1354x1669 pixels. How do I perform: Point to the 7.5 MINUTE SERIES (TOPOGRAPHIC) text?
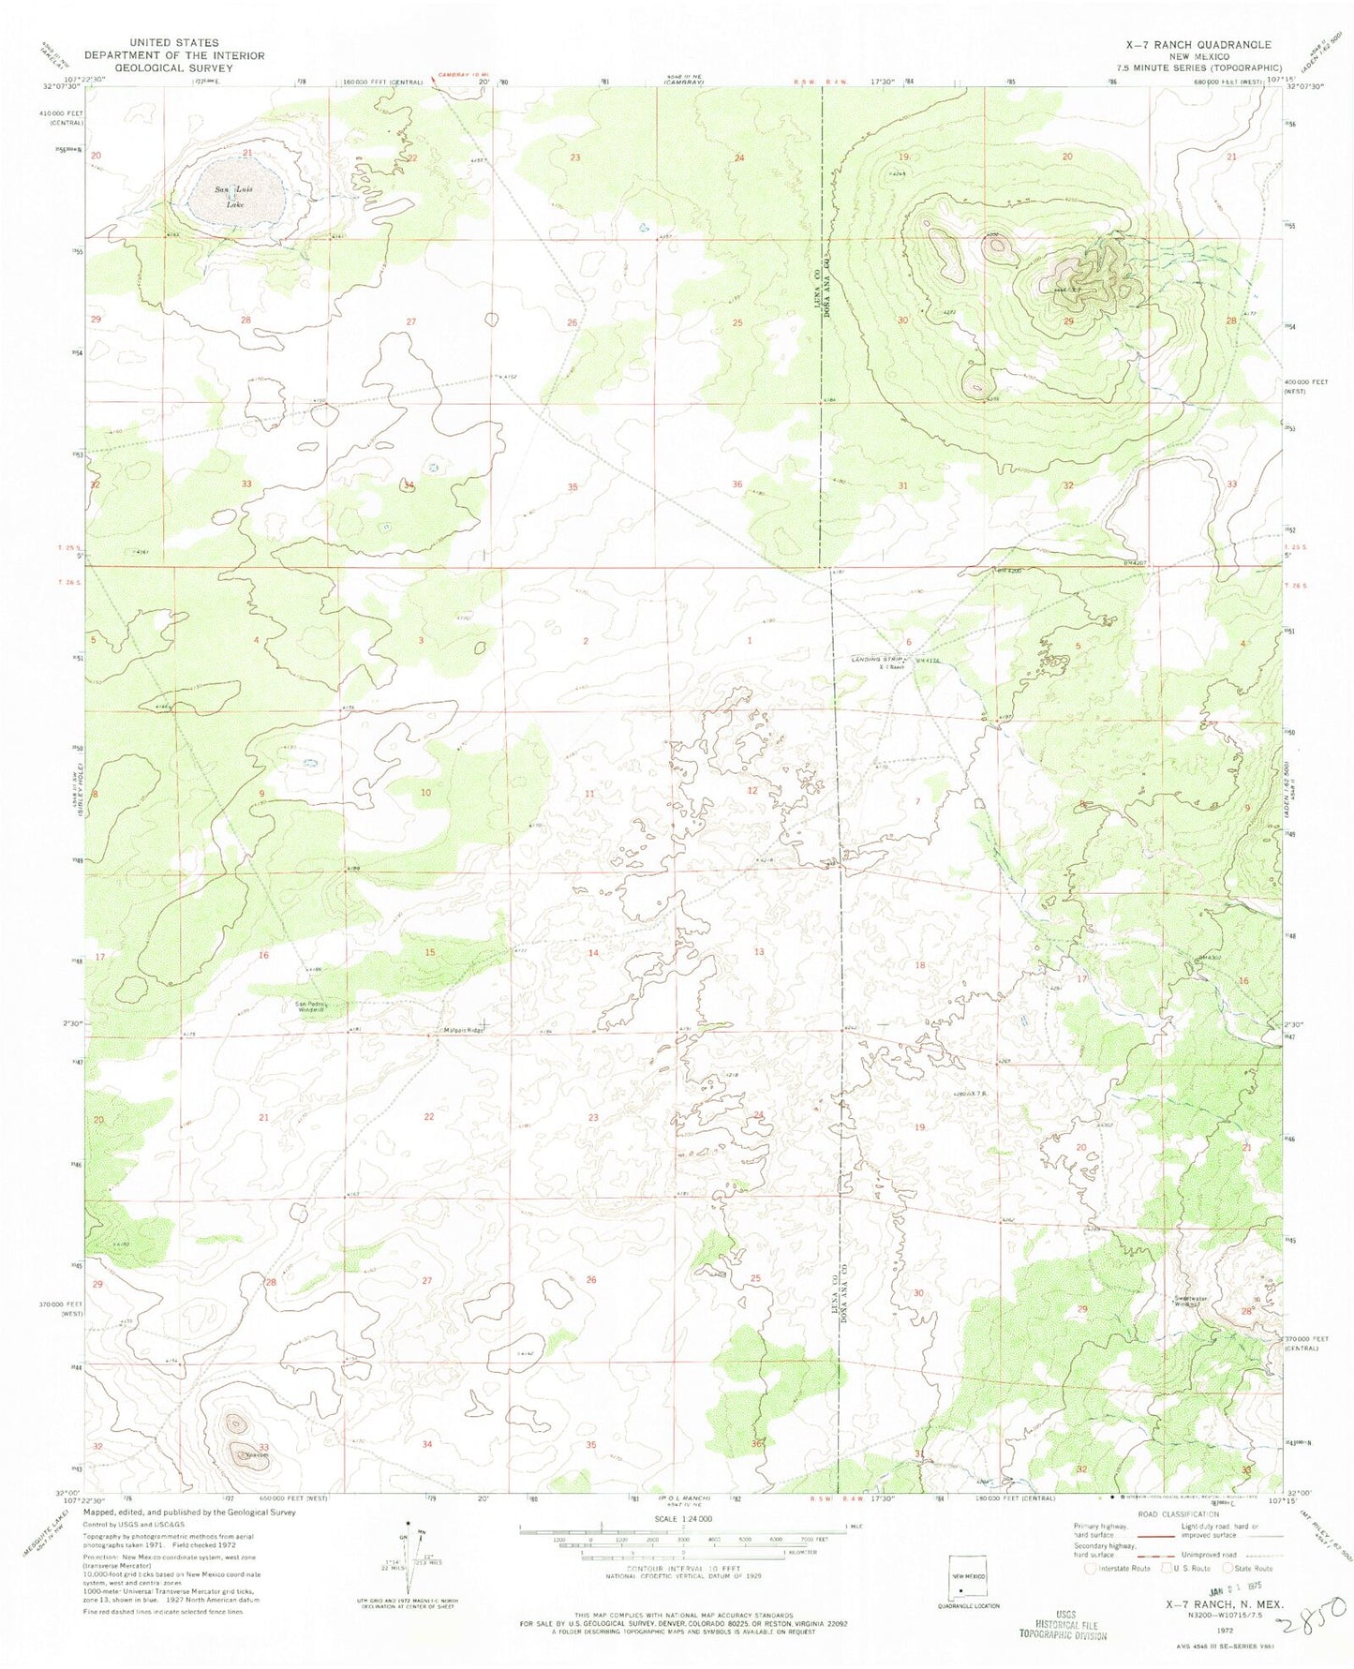(x=1215, y=67)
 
